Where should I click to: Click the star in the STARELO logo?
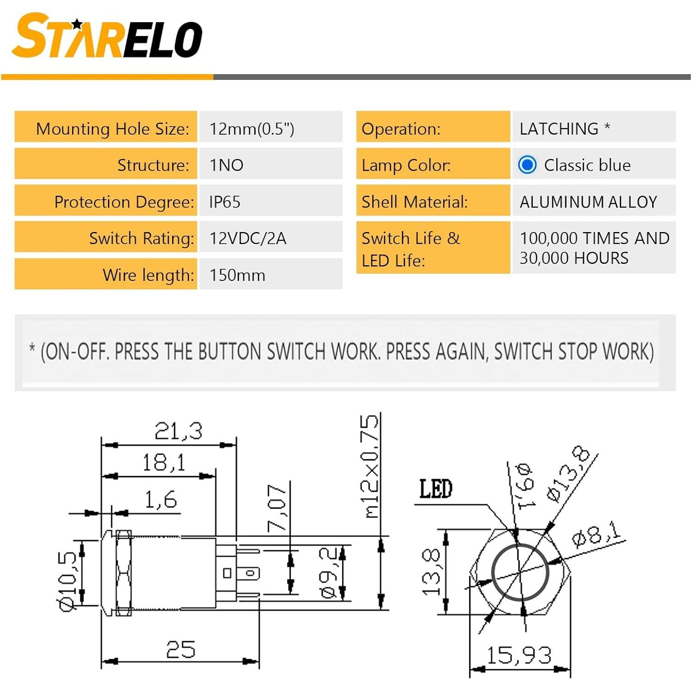click(x=77, y=24)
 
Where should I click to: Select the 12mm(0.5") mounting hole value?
click(x=251, y=129)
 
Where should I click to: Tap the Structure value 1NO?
click(x=226, y=165)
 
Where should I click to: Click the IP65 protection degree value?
click(x=225, y=202)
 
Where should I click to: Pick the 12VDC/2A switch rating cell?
click(x=248, y=238)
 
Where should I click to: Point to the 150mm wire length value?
click(x=237, y=275)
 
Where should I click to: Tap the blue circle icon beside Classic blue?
click(x=527, y=165)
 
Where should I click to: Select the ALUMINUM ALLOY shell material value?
click(x=588, y=202)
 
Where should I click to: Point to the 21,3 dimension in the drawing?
click(x=179, y=431)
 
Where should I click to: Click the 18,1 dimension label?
click(x=163, y=462)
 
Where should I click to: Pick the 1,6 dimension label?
click(x=161, y=500)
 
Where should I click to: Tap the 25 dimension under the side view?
click(x=180, y=649)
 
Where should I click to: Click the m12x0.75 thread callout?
click(x=370, y=466)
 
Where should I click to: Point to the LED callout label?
click(x=435, y=489)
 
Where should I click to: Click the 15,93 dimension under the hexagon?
click(x=519, y=655)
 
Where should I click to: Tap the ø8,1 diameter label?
click(x=596, y=535)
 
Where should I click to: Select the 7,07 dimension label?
click(x=277, y=508)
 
